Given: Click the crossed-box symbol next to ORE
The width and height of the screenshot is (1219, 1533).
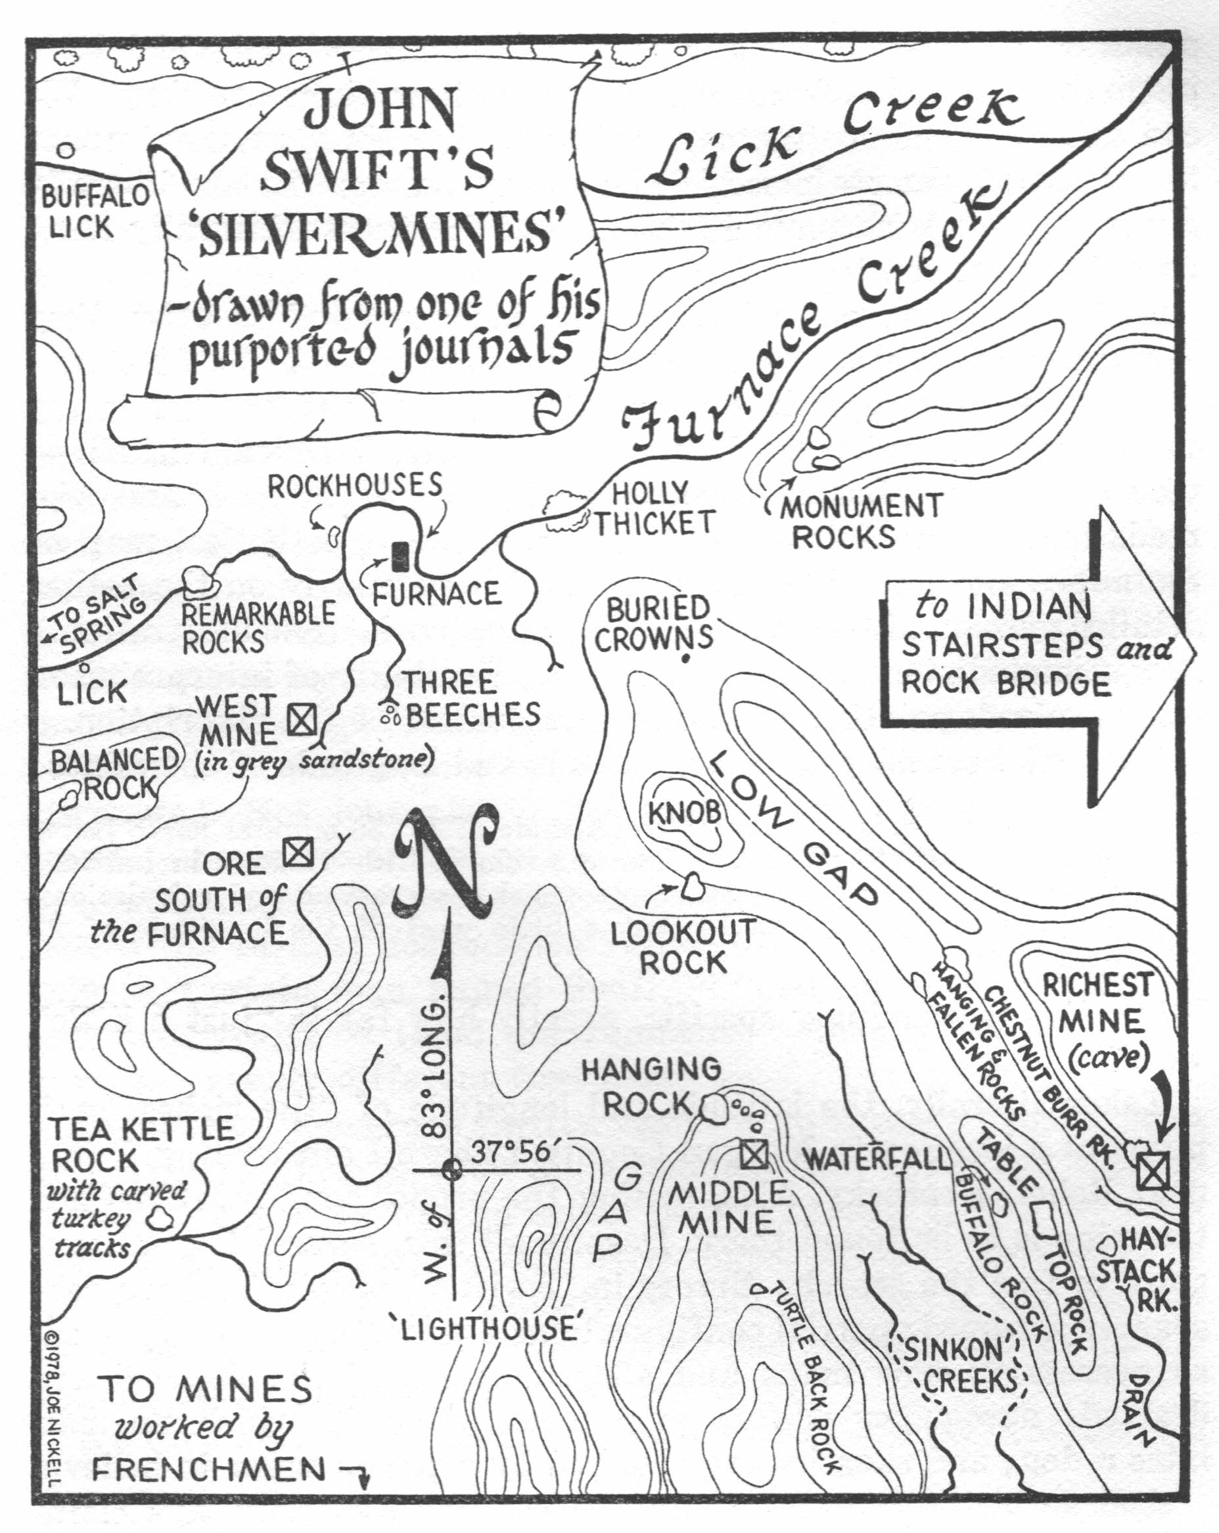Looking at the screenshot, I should [298, 851].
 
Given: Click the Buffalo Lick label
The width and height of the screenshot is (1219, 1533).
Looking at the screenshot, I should [93, 211].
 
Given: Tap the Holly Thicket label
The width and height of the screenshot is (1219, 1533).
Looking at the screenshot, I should [653, 508].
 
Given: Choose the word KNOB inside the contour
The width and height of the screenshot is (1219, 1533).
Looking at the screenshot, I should [685, 812].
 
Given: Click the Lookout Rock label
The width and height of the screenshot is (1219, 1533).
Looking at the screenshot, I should [683, 946].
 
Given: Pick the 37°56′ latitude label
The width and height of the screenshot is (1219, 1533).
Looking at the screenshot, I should [510, 1151].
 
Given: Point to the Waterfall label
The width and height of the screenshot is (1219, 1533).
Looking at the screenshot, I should [876, 1159].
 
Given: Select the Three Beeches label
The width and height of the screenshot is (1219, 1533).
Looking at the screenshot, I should [469, 699].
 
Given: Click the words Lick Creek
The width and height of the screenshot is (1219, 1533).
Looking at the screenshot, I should [832, 135].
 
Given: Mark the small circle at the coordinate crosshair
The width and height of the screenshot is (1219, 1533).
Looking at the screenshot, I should [450, 1168].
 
